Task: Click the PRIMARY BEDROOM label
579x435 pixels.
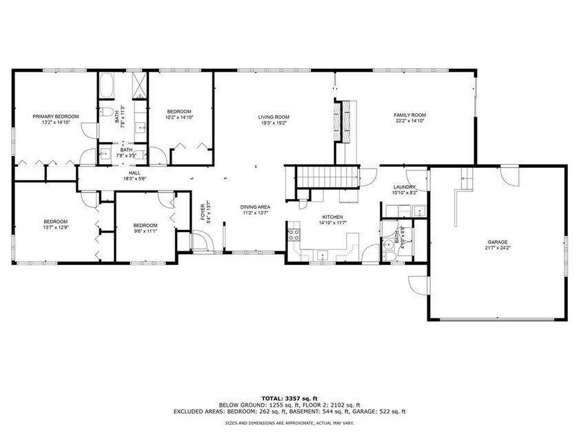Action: [56, 116]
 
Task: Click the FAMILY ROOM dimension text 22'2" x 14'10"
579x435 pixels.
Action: [410, 122]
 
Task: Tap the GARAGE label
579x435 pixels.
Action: [496, 240]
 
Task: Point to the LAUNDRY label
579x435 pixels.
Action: [404, 187]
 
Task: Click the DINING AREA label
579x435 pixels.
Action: [255, 207]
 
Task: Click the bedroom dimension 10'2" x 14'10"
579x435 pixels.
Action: [179, 117]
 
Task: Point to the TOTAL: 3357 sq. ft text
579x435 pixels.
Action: [289, 398]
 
